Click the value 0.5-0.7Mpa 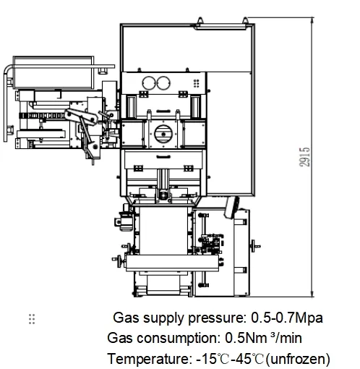[x=286, y=318]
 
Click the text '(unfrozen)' [x=297, y=358]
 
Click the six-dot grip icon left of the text [x=31, y=319]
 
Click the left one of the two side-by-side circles [x=150, y=82]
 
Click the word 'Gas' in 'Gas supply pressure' [x=124, y=318]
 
